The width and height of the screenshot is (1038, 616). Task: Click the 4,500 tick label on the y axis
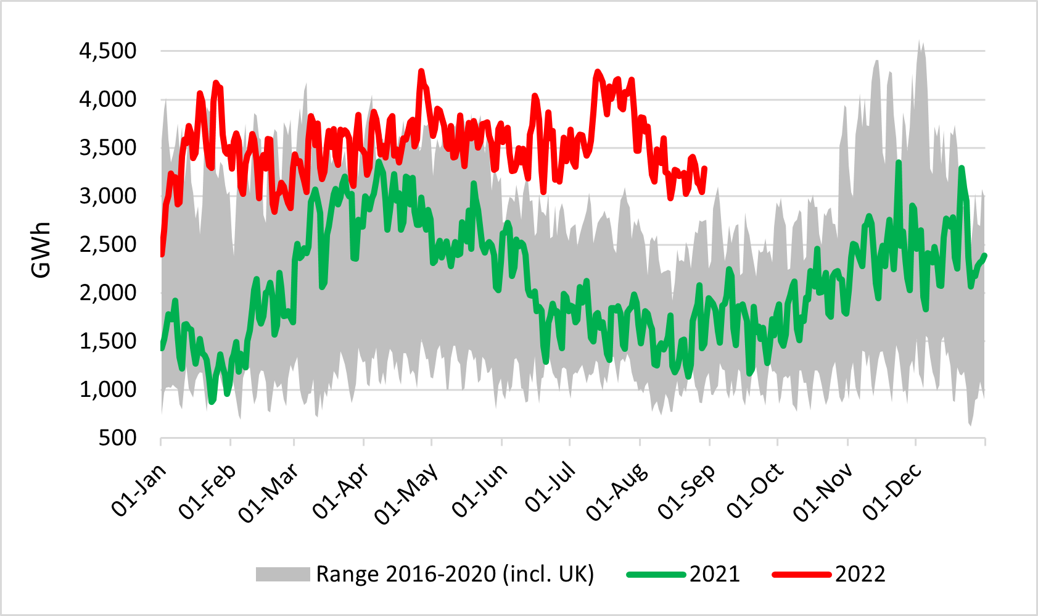[x=107, y=51]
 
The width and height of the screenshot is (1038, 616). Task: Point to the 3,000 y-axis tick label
[x=107, y=196]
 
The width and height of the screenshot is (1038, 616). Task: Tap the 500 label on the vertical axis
[x=117, y=438]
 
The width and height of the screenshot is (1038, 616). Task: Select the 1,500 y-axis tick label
[x=107, y=341]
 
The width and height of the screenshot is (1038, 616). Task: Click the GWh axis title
[x=41, y=249]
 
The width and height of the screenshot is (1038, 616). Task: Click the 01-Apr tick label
[x=340, y=491]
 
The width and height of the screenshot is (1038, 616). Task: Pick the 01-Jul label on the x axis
[x=550, y=488]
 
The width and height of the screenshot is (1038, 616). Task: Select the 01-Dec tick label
[x=892, y=491]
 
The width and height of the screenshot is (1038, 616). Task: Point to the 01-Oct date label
[x=755, y=491]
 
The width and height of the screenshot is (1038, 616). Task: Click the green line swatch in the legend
[x=656, y=575]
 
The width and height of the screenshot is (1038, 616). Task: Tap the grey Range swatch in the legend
[x=283, y=575]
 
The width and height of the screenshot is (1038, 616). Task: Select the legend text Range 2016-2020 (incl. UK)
[x=455, y=575]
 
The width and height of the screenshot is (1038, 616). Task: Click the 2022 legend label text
[x=860, y=575]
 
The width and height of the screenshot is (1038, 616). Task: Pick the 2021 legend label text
[x=714, y=575]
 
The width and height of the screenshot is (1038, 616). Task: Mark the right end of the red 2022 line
[x=704, y=168]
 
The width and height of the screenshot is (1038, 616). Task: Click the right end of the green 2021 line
[x=984, y=255]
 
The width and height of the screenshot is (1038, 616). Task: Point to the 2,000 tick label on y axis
[x=107, y=293]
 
